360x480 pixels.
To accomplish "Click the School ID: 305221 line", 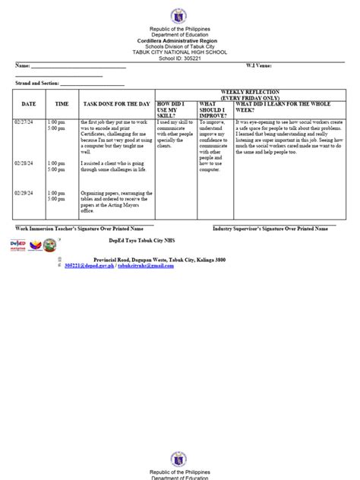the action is coord(180,56).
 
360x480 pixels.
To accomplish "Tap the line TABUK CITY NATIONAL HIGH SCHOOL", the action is coord(180,51).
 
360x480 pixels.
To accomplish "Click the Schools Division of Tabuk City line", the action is coord(180,46).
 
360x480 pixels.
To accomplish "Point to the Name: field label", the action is coord(22,66).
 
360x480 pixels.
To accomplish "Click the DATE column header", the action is coord(29,103).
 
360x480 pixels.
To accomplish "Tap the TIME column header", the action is coord(62,103).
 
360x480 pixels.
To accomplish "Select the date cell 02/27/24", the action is coord(24,122).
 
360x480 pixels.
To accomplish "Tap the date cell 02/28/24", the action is coord(24,163).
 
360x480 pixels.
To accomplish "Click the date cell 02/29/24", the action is coord(24,193).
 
